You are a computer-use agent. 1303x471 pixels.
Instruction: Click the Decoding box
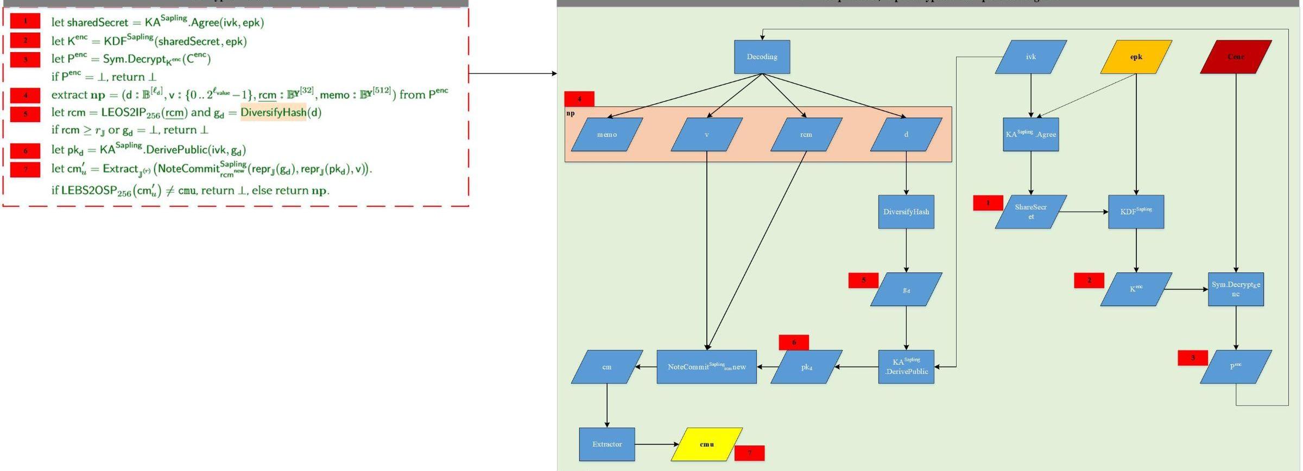pyautogui.click(x=762, y=56)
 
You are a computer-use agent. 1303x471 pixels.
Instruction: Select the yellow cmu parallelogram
pyautogui.click(x=706, y=444)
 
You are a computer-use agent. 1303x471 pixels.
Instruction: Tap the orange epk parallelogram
pyautogui.click(x=1136, y=56)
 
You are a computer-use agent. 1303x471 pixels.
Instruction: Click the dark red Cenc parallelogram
pyautogui.click(x=1236, y=56)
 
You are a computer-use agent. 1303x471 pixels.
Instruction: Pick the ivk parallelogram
pyautogui.click(x=1030, y=56)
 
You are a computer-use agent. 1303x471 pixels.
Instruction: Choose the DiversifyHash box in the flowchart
pyautogui.click(x=906, y=212)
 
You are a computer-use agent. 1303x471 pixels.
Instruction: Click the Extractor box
pyautogui.click(x=606, y=444)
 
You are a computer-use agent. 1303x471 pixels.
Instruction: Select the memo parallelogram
pyautogui.click(x=606, y=135)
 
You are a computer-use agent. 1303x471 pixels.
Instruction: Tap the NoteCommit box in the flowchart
pyautogui.click(x=706, y=367)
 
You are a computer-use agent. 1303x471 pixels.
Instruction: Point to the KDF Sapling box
pyautogui.click(x=1136, y=212)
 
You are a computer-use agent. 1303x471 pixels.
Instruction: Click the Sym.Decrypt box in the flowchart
pyautogui.click(x=1236, y=289)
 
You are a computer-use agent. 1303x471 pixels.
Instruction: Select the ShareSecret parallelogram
pyautogui.click(x=1030, y=212)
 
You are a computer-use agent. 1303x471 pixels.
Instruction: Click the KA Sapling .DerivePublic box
pyautogui.click(x=906, y=367)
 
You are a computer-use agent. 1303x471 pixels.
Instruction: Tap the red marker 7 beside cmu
pyautogui.click(x=749, y=453)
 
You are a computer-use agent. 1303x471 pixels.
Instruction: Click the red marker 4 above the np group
pyautogui.click(x=579, y=99)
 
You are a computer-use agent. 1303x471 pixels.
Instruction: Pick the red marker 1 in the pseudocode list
pyautogui.click(x=25, y=21)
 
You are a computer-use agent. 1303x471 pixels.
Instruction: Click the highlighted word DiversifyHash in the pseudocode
pyautogui.click(x=273, y=112)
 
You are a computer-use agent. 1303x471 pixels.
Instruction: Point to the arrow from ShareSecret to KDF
pyautogui.click(x=1083, y=212)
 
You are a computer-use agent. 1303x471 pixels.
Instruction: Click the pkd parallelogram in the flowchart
pyautogui.click(x=806, y=367)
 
